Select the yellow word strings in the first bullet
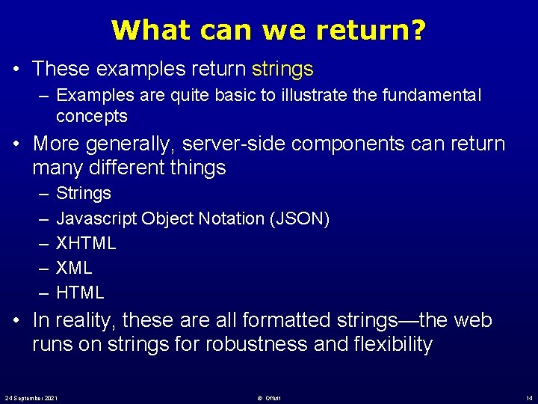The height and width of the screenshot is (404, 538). point(282,70)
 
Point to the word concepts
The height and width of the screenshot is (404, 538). point(92,116)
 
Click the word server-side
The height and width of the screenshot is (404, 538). point(232,144)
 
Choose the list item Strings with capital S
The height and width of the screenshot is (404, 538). point(84,193)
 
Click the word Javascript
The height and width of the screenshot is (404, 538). point(96,218)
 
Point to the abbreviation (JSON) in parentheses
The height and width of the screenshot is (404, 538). point(297,218)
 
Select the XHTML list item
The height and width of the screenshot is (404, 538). point(86,243)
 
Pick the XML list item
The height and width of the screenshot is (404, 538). point(75,268)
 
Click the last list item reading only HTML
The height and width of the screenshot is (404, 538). point(80,293)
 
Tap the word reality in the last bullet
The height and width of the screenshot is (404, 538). point(83,320)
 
